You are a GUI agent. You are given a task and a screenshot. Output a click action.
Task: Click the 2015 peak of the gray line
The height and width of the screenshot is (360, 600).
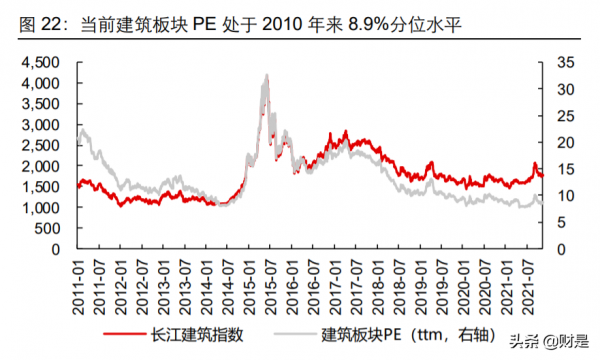(265, 76)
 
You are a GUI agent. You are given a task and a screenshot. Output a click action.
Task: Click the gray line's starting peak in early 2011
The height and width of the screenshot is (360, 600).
(81, 127)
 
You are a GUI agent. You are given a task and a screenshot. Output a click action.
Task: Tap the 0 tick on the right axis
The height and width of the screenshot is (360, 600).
(538, 249)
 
